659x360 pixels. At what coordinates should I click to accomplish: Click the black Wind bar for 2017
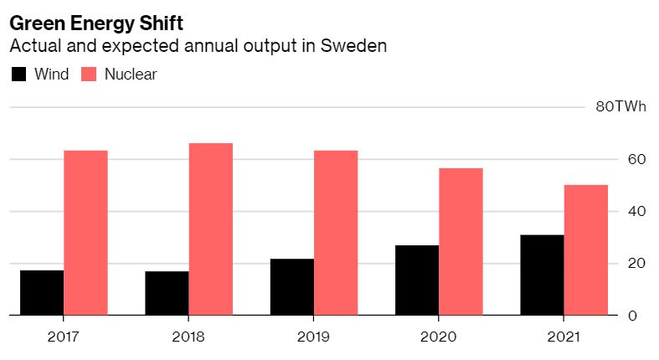pyautogui.click(x=42, y=292)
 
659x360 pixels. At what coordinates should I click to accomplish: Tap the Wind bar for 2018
pyautogui.click(x=167, y=293)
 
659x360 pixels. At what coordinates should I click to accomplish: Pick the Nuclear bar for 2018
pyautogui.click(x=210, y=229)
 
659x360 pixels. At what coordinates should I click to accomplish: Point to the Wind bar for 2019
pyautogui.click(x=291, y=287)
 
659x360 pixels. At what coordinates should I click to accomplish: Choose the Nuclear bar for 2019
pyautogui.click(x=335, y=233)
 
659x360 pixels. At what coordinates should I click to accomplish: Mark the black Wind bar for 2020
pyautogui.click(x=416, y=280)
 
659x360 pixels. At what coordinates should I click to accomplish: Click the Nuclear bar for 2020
pyautogui.click(x=460, y=242)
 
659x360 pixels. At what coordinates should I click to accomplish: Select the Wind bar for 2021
pyautogui.click(x=541, y=275)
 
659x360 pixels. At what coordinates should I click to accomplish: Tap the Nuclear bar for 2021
pyautogui.click(x=585, y=250)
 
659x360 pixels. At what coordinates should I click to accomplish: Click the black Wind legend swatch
pyautogui.click(x=18, y=75)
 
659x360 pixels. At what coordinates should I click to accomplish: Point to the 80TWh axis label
pyautogui.click(x=620, y=107)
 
